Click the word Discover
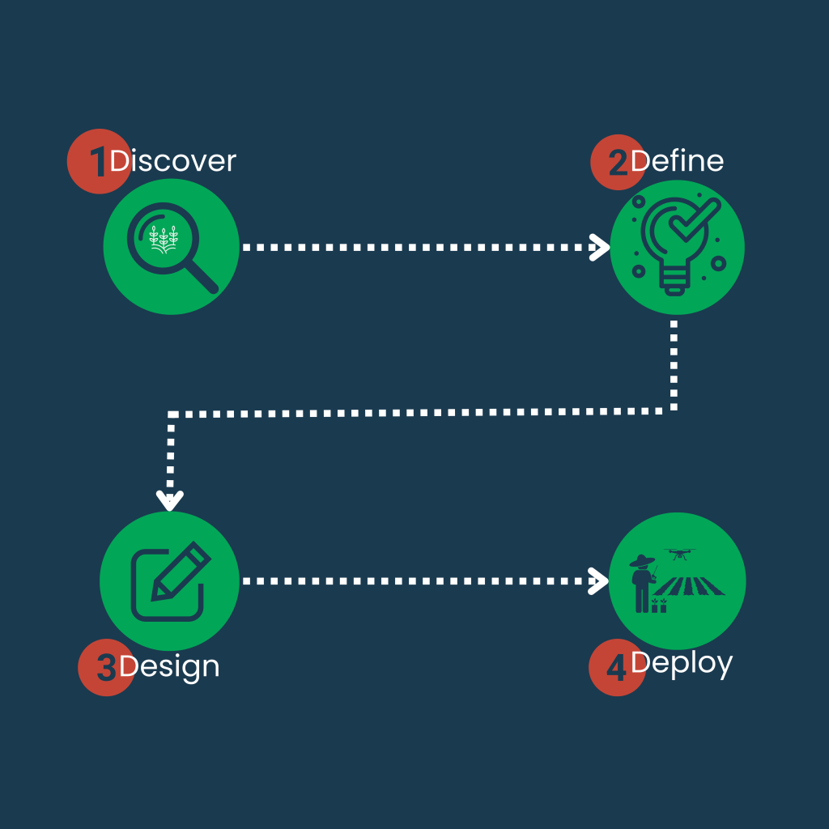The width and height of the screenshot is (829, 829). pos(172,161)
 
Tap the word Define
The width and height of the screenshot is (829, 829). pos(677,161)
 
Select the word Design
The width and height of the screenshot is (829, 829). pos(169,667)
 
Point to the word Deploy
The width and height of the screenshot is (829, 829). pos(682,664)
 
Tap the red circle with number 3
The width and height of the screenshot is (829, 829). pos(104,669)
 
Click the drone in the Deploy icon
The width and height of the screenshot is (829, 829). pos(678,555)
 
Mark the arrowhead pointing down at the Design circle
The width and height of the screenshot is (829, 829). pos(170,500)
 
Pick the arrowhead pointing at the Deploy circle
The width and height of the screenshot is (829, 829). pos(600,580)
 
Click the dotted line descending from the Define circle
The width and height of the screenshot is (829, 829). pos(674,364)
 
